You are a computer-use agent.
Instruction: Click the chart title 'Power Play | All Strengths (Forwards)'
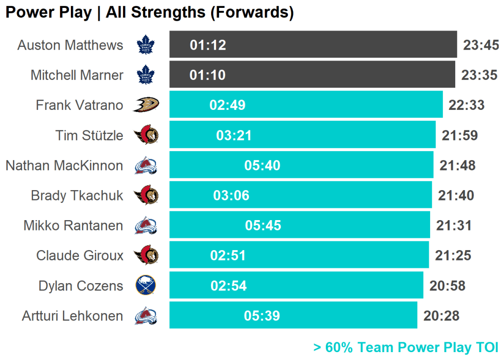(150, 12)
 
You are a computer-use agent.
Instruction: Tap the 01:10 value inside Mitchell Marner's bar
(208, 75)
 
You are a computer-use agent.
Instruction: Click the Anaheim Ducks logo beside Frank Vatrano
(145, 105)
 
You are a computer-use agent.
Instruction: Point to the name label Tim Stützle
(89, 135)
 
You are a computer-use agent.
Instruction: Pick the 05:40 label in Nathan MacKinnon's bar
(262, 165)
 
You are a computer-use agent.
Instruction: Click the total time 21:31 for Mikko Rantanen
(454, 226)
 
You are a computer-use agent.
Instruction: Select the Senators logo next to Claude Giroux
(146, 256)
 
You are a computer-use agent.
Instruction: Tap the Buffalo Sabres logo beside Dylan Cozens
(146, 286)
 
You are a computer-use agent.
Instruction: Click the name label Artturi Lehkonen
(72, 316)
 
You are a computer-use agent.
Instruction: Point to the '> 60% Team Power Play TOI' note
(406, 347)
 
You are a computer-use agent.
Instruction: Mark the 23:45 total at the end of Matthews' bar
(481, 45)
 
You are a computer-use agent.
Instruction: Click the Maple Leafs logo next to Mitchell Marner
(145, 75)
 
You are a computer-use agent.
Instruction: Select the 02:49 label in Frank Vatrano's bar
(227, 105)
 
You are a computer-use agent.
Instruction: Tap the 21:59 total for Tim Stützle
(460, 135)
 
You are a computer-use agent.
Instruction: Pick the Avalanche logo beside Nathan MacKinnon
(146, 165)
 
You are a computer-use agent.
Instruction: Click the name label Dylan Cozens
(81, 286)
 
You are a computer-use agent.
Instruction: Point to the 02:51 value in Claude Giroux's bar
(228, 256)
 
